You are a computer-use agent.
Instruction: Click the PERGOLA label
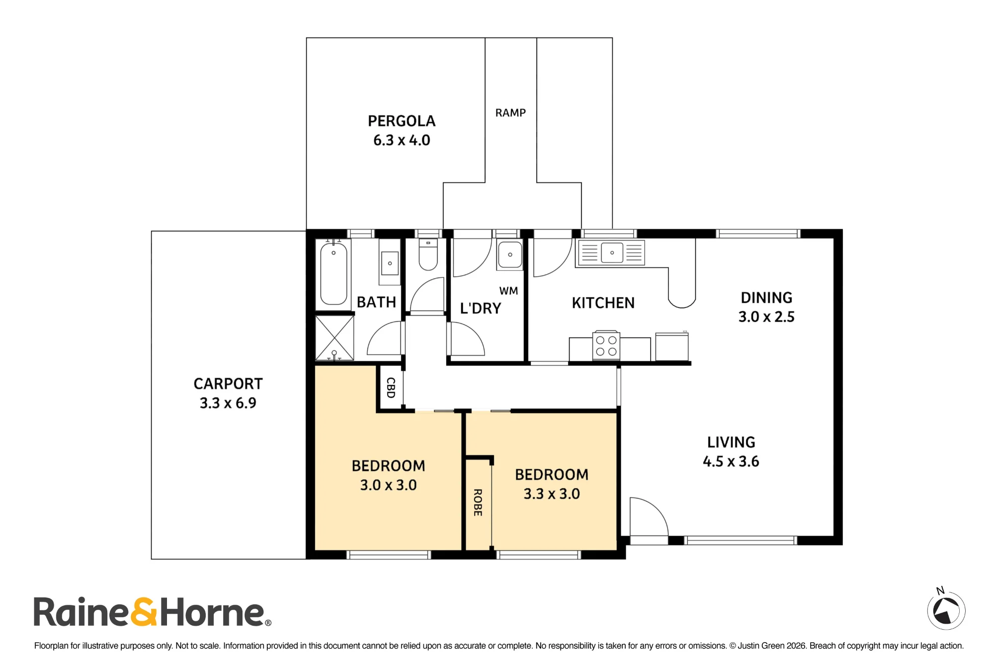pos(402,121)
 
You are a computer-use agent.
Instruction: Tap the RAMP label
pos(510,113)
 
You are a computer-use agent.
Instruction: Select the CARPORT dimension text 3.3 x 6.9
pos(228,403)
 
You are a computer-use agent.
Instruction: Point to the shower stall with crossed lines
pos(334,338)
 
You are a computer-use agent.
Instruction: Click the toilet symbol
pos(428,254)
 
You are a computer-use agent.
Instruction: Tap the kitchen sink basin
pos(612,253)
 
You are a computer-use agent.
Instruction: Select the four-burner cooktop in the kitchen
pos(606,345)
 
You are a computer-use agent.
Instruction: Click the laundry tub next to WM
pos(510,254)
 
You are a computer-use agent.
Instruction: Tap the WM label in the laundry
pos(508,291)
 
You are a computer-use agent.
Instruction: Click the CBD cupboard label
pos(391,388)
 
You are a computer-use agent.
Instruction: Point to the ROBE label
pos(478,503)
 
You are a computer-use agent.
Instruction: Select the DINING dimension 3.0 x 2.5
pos(766,317)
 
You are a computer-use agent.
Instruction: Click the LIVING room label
pos(731,442)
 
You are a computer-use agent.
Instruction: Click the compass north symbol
pos(946,610)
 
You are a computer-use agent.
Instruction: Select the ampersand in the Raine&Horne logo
pos(144,612)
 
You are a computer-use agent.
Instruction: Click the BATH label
pos(376,302)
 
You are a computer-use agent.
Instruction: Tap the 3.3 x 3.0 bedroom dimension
pos(552,494)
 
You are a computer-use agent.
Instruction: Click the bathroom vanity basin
pos(390,263)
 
